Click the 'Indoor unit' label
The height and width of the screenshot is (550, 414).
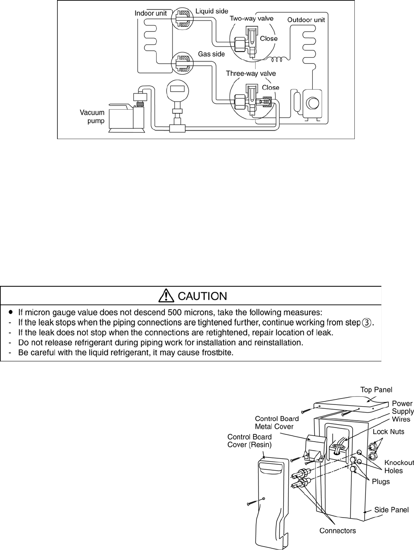151,13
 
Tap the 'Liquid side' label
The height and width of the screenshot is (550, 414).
212,11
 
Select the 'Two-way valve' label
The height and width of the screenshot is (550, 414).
251,18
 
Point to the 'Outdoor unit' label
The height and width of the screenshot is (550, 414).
306,20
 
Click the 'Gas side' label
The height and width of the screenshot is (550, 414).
211,54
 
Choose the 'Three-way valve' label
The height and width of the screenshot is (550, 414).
250,73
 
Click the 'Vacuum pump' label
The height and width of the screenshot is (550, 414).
92,116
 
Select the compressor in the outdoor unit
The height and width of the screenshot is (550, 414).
313,103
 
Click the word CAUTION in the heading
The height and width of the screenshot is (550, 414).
202,296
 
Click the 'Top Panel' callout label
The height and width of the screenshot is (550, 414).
376,390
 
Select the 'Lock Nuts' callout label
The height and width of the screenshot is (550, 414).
388,431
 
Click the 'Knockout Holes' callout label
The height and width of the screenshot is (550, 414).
399,466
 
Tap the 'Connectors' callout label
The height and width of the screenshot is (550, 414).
337,530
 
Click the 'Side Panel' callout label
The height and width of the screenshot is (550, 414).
391,509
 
